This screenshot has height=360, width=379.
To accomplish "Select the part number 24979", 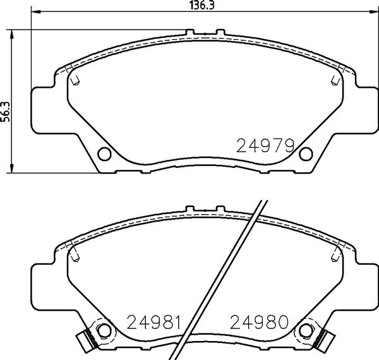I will click(266, 147).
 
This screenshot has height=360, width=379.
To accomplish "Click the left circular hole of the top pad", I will click(105, 153).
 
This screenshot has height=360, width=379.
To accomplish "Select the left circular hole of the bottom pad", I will click(105, 330).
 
